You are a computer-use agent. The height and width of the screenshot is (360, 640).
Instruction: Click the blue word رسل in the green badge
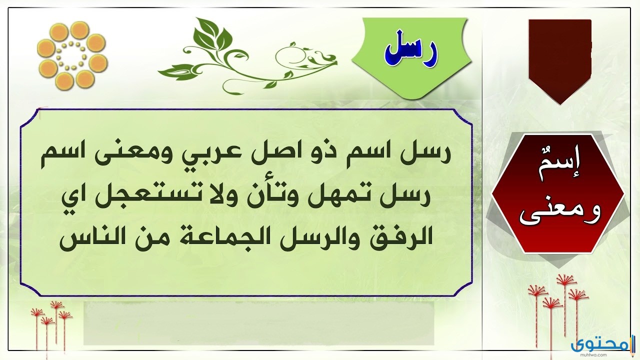point(411,53)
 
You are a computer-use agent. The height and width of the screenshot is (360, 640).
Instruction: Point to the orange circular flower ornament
point(72,55)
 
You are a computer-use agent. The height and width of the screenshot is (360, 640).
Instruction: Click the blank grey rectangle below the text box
point(258,323)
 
